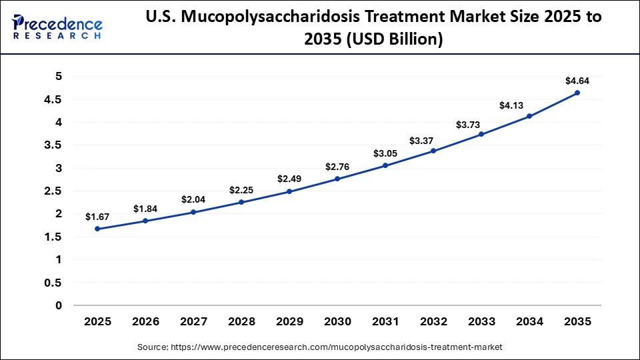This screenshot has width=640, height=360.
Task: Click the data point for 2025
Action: pyautogui.click(x=97, y=229)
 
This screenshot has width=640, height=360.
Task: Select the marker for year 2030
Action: pyautogui.click(x=337, y=179)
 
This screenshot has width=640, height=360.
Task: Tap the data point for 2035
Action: pyautogui.click(x=577, y=93)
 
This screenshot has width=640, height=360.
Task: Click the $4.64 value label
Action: pyautogui.click(x=577, y=81)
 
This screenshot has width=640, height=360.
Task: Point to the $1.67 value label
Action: pyautogui.click(x=97, y=217)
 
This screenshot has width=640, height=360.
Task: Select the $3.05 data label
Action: pyautogui.click(x=385, y=153)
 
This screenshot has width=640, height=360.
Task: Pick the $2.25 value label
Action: pyautogui.click(x=241, y=190)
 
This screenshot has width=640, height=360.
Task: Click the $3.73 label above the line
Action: pyautogui.click(x=481, y=124)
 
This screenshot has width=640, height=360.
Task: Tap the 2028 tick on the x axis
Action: pyautogui.click(x=241, y=321)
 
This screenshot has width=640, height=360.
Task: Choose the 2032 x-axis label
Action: pyautogui.click(x=433, y=321)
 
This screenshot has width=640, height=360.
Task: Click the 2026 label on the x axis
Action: pyautogui.click(x=145, y=321)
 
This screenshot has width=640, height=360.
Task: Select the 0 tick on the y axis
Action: pyautogui.click(x=58, y=305)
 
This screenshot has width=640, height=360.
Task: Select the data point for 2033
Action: pyautogui.click(x=481, y=135)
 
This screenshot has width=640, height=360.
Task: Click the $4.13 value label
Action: pyautogui.click(x=529, y=105)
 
